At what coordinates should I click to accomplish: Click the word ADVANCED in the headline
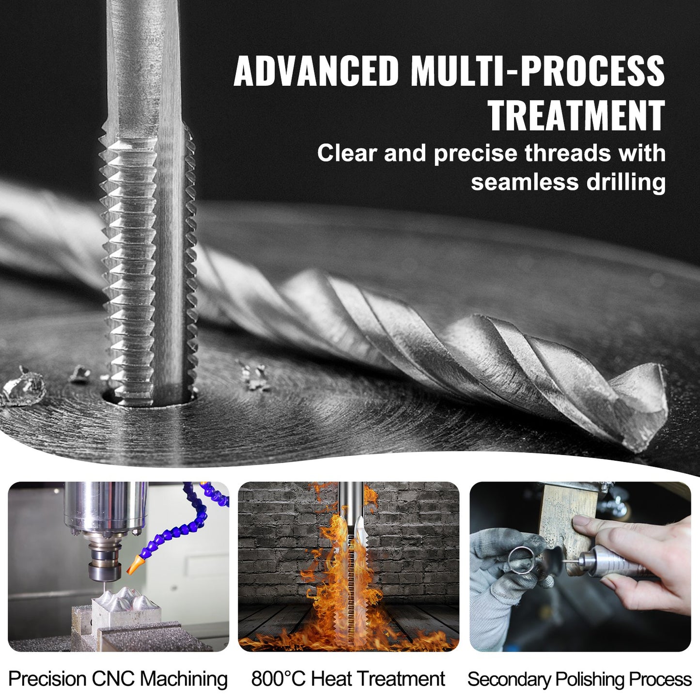tap(316, 71)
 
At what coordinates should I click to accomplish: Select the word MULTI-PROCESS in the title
tap(538, 71)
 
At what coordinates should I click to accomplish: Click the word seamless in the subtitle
tap(525, 182)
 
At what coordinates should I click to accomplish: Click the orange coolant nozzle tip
tap(135, 562)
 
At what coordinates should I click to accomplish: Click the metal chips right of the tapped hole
tap(254, 376)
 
